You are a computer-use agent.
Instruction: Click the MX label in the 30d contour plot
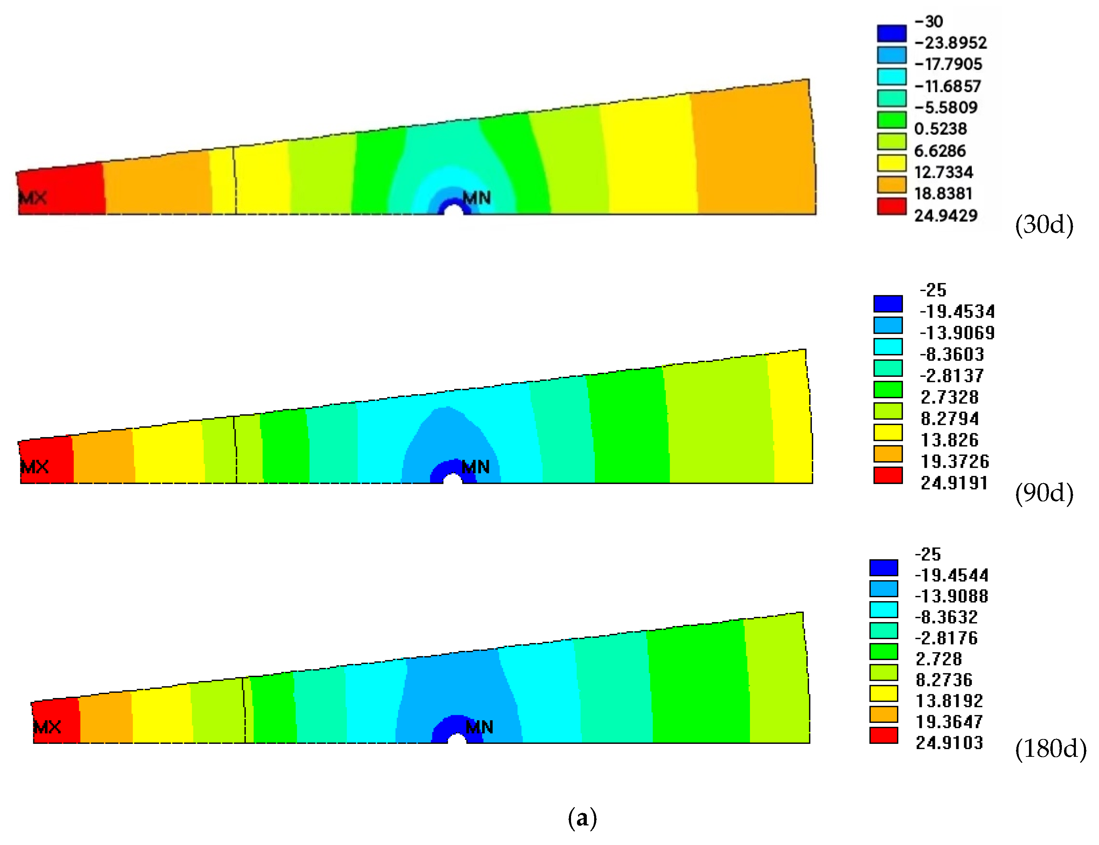[x=33, y=197]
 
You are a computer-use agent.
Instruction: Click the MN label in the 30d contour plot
[x=477, y=198]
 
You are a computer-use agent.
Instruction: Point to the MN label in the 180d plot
[x=480, y=727]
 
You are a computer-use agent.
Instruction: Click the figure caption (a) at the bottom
[x=582, y=817]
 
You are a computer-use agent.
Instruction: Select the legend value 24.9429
[x=946, y=216]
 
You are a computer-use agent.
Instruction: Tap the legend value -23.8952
[x=951, y=43]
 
